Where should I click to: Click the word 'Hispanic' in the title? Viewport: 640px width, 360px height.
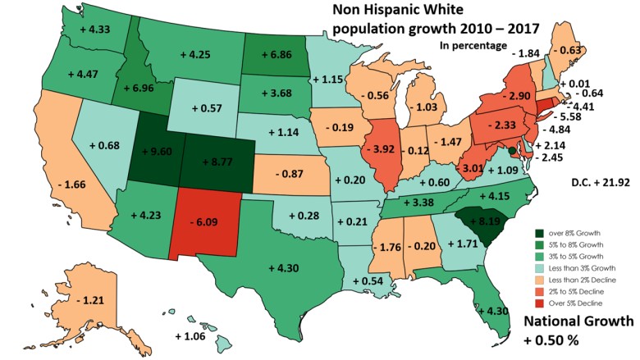tap(396, 11)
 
